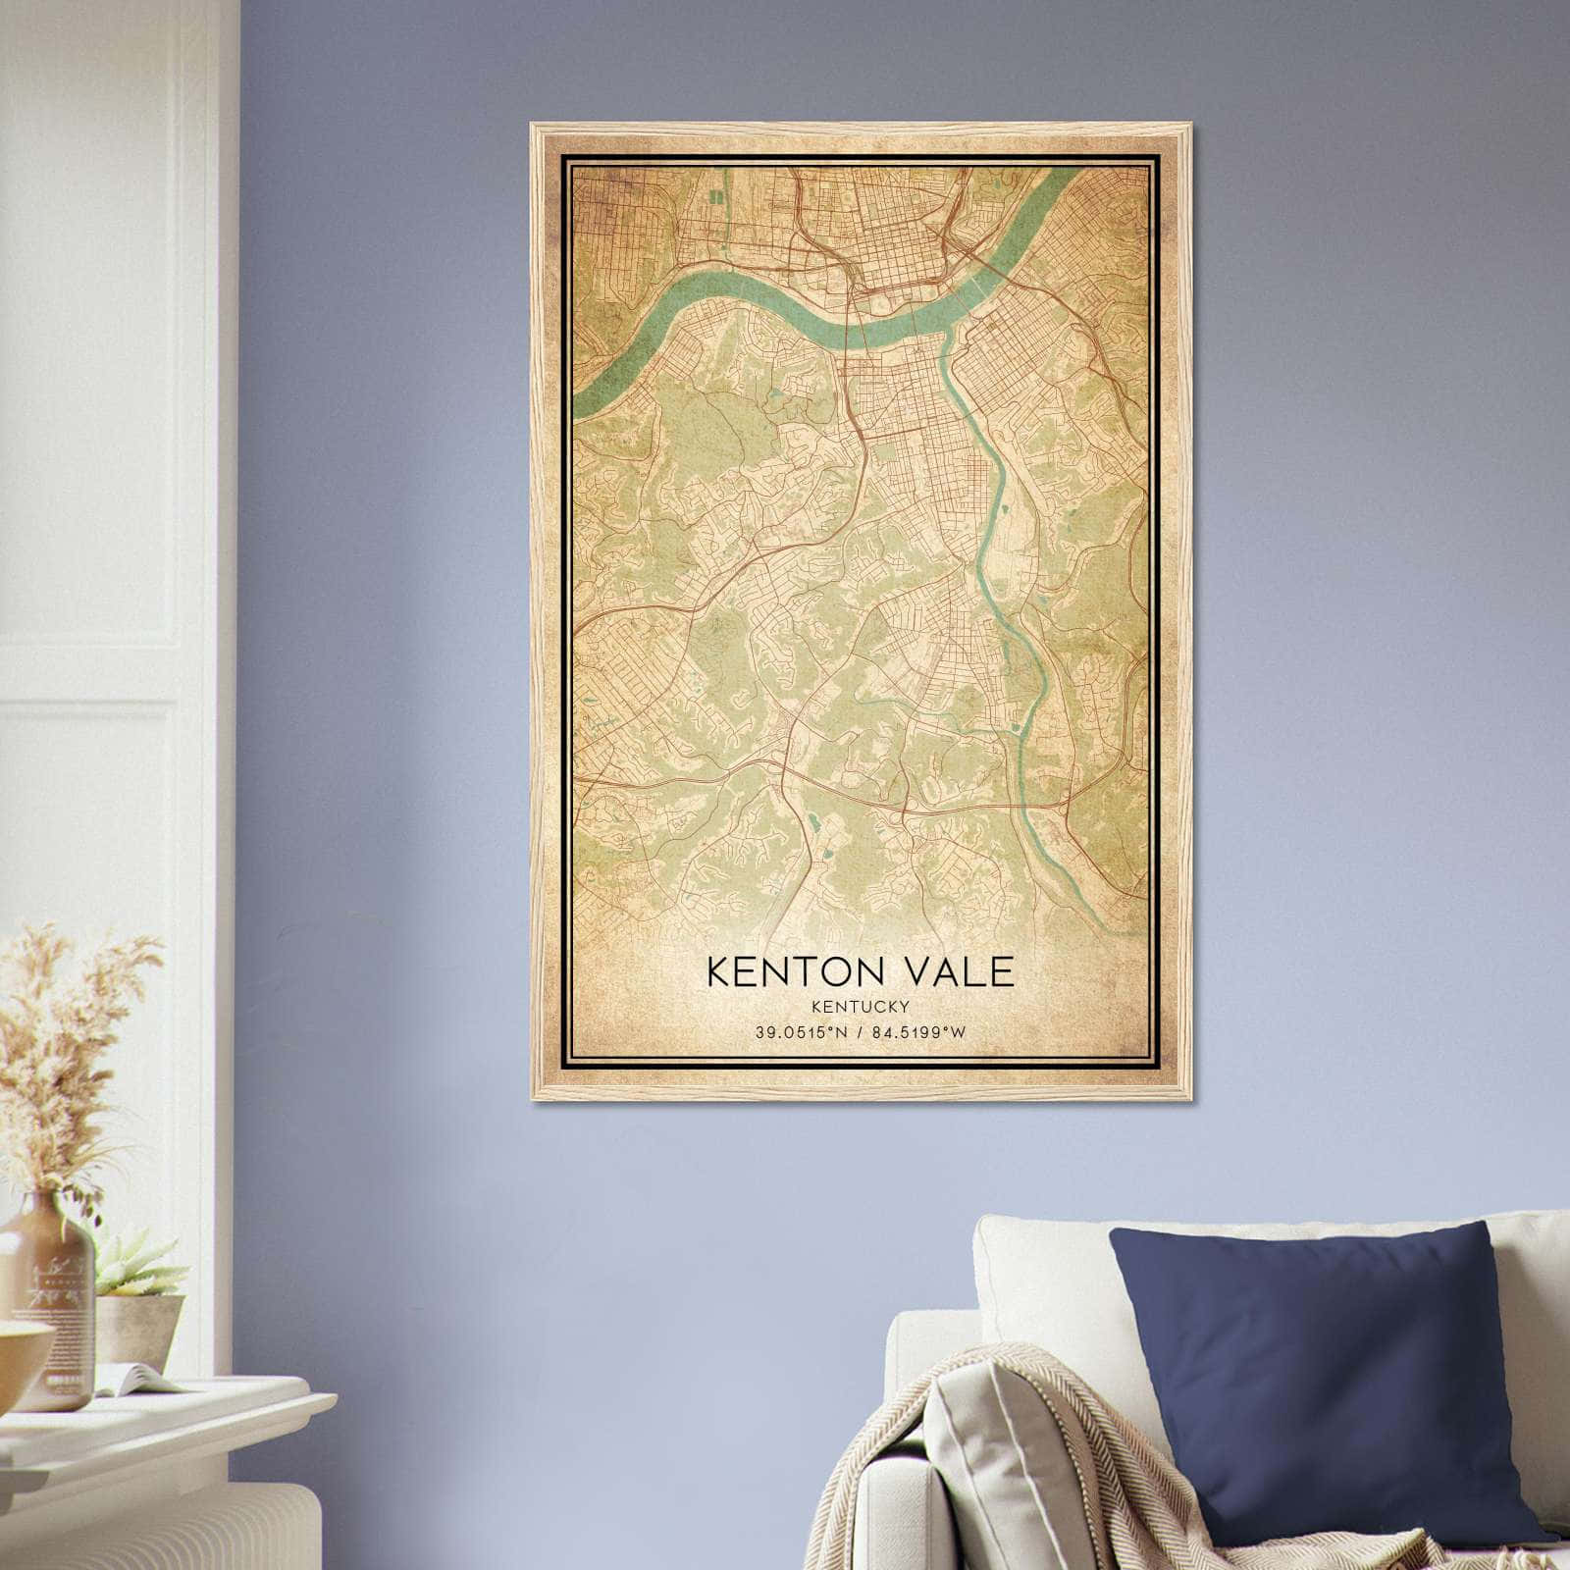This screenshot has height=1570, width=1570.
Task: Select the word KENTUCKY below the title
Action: [859, 1006]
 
